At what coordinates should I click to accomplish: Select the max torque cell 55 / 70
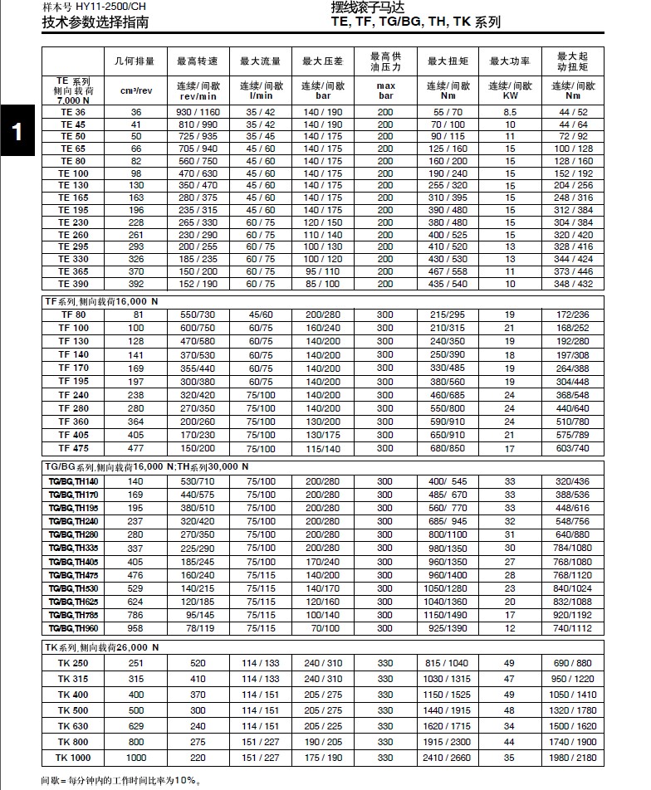click(x=448, y=111)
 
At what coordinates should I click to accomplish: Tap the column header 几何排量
click(x=135, y=61)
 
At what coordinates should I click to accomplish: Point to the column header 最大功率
click(x=510, y=61)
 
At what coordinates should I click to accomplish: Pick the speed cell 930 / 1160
click(x=198, y=111)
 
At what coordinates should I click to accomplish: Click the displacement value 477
click(x=135, y=448)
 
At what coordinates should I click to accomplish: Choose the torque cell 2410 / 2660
click(x=448, y=758)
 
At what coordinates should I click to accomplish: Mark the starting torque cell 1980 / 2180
click(x=573, y=758)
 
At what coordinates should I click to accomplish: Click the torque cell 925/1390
click(x=448, y=629)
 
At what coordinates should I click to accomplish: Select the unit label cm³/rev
click(x=135, y=90)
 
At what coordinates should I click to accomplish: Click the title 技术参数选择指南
click(x=95, y=22)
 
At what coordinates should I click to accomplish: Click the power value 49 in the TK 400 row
click(x=510, y=695)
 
